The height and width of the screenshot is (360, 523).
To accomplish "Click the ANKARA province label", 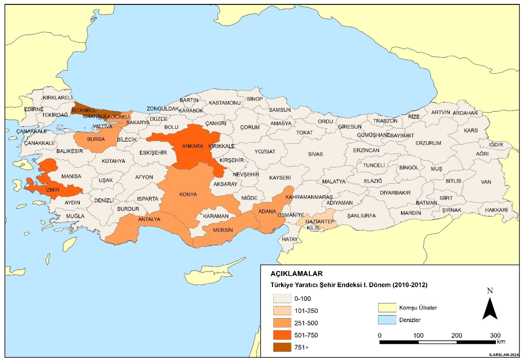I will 193,146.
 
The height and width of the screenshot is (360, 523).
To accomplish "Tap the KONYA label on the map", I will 188,194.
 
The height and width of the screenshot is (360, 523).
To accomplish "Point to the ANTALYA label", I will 149,219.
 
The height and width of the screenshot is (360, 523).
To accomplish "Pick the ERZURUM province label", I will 428,143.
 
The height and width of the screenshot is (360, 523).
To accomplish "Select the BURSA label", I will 95,139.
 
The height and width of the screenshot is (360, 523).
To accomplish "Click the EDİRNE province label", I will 34,109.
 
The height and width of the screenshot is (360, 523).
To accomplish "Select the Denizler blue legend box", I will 387,320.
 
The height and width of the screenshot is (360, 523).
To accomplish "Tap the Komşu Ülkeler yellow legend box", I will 387,308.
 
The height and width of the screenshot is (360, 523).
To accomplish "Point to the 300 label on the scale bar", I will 495,335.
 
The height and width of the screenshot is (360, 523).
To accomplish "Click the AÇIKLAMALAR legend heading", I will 296,274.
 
